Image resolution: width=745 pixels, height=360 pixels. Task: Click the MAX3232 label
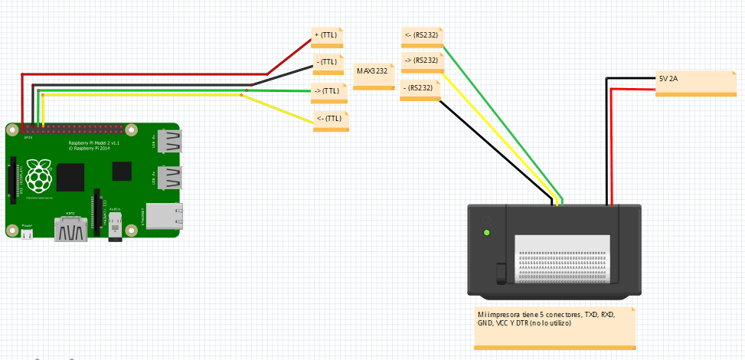click(372, 71)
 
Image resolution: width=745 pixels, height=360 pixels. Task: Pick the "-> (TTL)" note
click(327, 91)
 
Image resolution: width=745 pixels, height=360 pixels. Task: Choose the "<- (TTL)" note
click(329, 119)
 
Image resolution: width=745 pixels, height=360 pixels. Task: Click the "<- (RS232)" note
click(421, 35)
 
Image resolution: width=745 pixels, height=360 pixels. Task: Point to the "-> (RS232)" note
click(421, 61)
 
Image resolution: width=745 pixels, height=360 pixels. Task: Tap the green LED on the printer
click(485, 232)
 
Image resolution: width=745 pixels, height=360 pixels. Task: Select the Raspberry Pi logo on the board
click(38, 176)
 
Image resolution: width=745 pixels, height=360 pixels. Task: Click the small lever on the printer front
click(502, 273)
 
